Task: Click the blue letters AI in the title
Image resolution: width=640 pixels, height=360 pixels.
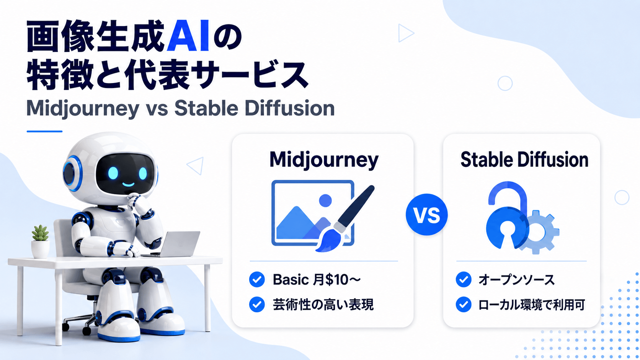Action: point(188,36)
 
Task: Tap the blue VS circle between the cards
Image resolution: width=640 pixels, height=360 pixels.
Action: point(426,215)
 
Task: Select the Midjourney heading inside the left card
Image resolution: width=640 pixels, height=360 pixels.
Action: point(324,160)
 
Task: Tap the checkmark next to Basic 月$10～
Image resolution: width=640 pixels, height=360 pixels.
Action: point(257,279)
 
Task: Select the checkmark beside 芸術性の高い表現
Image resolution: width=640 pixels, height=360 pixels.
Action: point(257,305)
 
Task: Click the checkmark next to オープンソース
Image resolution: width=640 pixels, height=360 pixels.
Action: point(464,279)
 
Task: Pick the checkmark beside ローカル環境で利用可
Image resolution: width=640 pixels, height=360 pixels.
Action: point(464,305)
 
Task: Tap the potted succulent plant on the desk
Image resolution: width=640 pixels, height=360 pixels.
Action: point(40,241)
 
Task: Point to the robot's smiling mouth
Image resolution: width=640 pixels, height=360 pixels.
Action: point(128,184)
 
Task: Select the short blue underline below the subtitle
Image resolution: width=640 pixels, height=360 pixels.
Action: point(44,131)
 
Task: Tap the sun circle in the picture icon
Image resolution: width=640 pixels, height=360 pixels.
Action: point(325,200)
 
